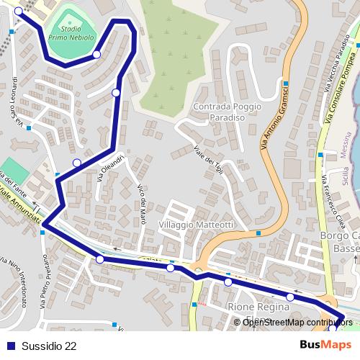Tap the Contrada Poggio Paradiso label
coord(222,112)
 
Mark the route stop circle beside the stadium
coord(96,54)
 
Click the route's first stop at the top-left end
coord(18,11)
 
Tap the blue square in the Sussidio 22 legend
coord(10,346)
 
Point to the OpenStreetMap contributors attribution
coord(292,323)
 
